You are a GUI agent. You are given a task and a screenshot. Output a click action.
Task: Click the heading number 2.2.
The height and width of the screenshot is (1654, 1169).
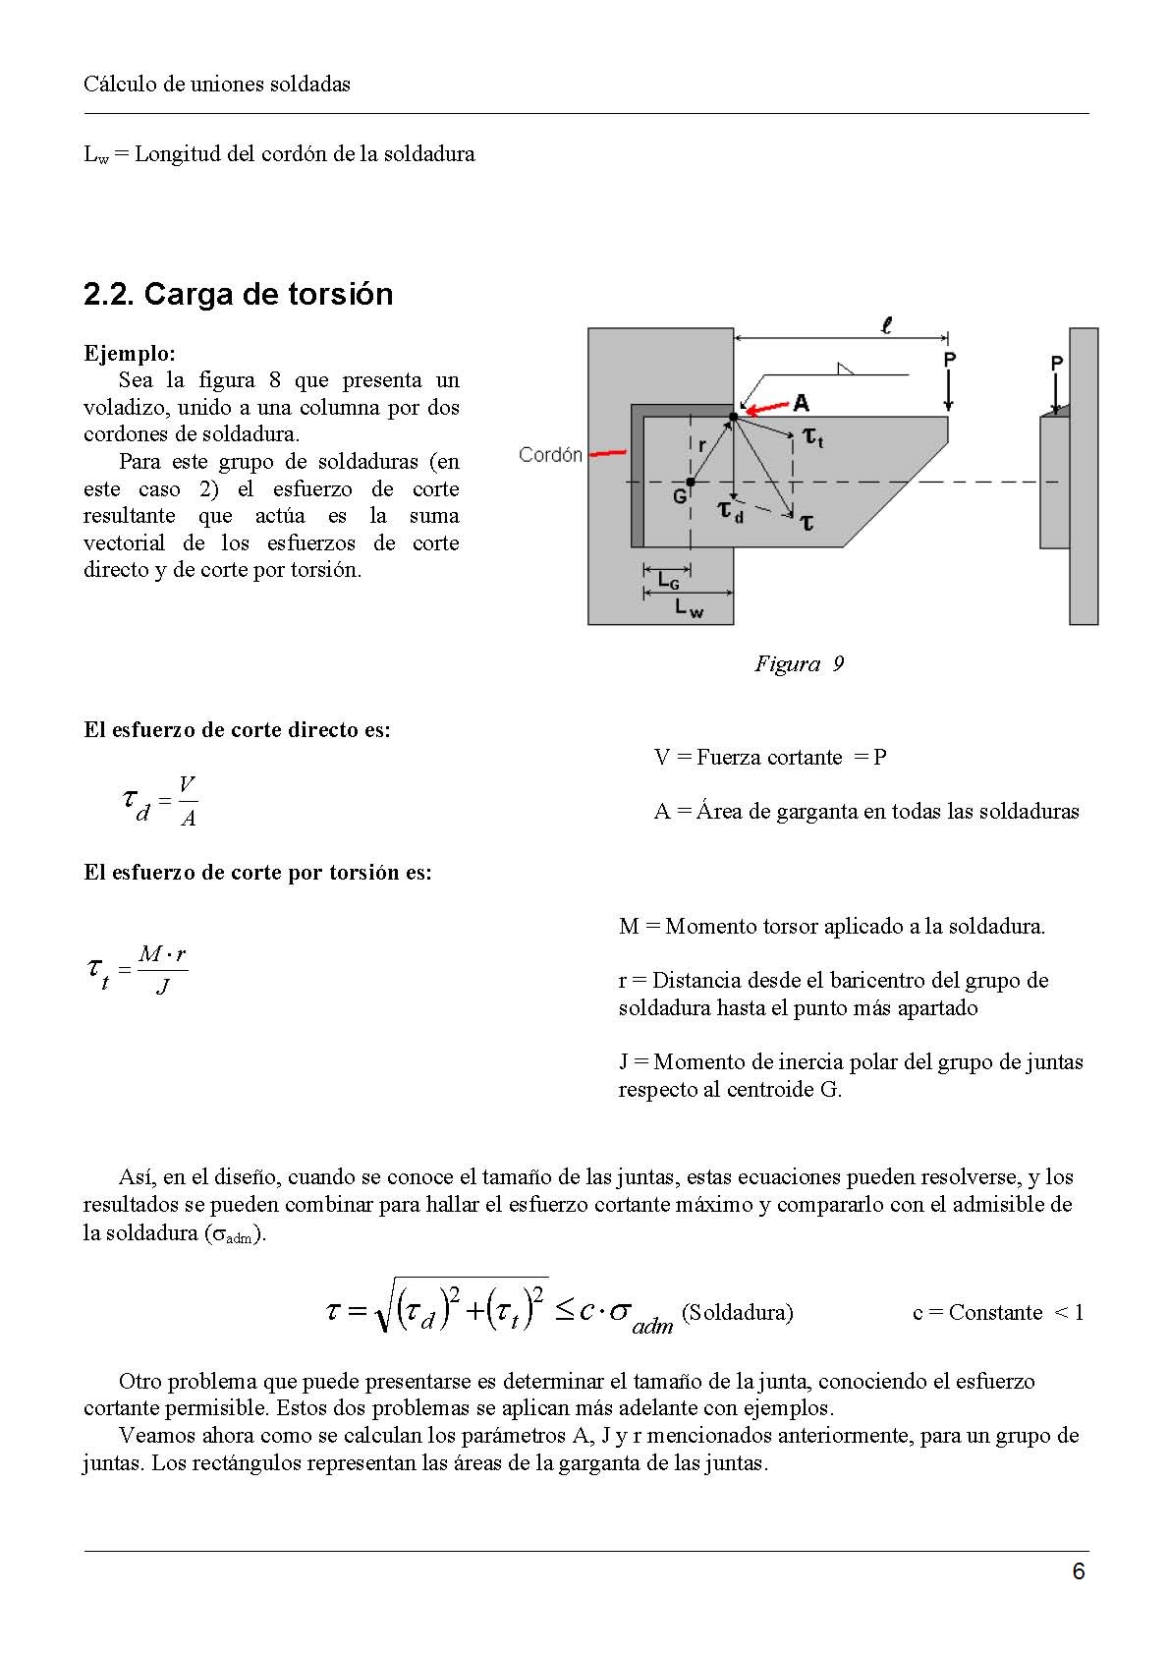pyautogui.click(x=109, y=295)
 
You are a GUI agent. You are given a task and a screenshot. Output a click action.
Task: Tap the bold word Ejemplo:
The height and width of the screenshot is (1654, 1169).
pyautogui.click(x=129, y=354)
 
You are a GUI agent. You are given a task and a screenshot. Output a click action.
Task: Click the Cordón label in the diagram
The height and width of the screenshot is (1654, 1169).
pyautogui.click(x=550, y=455)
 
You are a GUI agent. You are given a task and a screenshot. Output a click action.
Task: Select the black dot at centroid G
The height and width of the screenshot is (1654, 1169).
pyautogui.click(x=691, y=482)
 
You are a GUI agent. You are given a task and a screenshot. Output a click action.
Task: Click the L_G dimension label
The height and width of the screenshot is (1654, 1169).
pyautogui.click(x=668, y=581)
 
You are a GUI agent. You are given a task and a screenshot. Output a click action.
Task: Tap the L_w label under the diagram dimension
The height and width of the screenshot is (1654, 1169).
pyautogui.click(x=689, y=609)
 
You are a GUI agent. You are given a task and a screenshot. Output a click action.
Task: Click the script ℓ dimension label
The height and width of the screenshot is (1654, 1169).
pyautogui.click(x=886, y=325)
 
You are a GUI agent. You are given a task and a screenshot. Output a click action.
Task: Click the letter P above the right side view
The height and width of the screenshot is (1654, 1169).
pyautogui.click(x=1057, y=364)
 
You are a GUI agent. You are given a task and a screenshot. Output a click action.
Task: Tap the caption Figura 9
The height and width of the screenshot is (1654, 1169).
pyautogui.click(x=799, y=664)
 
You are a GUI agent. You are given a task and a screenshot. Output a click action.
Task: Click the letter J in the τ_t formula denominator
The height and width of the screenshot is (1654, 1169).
pyautogui.click(x=162, y=986)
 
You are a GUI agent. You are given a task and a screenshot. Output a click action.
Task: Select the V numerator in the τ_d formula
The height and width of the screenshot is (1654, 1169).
pyautogui.click(x=187, y=783)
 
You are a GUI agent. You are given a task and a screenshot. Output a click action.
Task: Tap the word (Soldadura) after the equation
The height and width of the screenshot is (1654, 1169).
pyautogui.click(x=737, y=1313)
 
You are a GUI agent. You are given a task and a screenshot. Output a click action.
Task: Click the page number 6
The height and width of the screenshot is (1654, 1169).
pyautogui.click(x=1079, y=1571)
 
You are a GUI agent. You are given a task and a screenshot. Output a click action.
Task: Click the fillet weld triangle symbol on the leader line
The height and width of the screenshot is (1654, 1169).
pyautogui.click(x=843, y=369)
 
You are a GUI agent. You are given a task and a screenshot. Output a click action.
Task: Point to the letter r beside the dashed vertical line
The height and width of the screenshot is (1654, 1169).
pyautogui.click(x=701, y=444)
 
